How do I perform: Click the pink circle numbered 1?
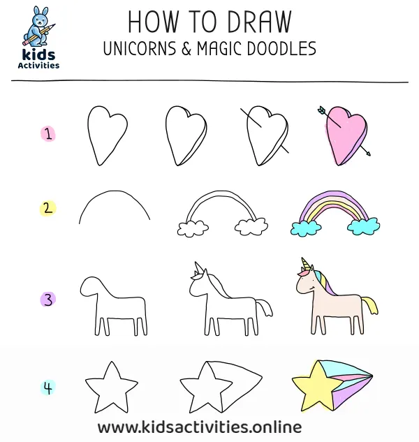[x=48, y=134]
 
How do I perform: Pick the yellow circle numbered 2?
[x=48, y=207]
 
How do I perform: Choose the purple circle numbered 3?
[x=48, y=300]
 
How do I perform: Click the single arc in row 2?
[x=114, y=205]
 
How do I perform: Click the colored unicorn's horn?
[x=304, y=264]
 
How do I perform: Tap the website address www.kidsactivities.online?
[x=199, y=426]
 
